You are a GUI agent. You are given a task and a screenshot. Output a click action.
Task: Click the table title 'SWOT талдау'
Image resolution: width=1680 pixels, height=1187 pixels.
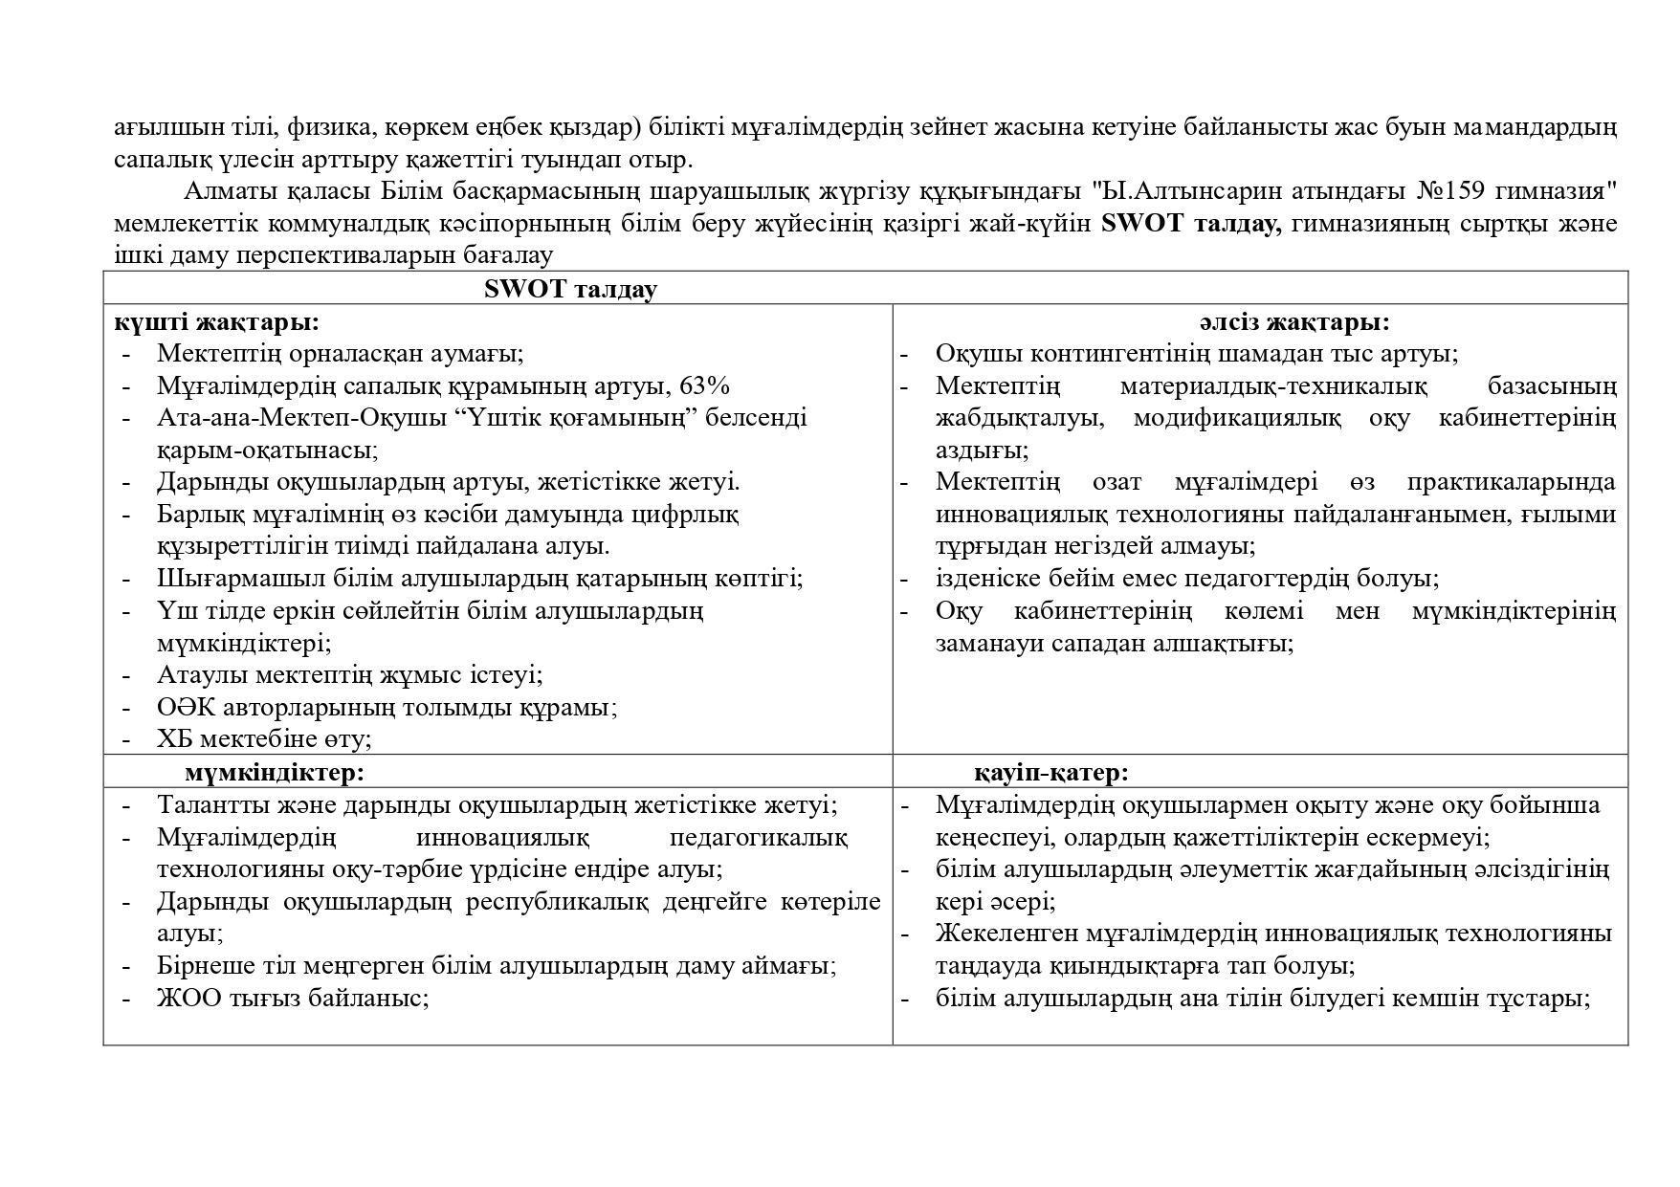pyautogui.click(x=570, y=289)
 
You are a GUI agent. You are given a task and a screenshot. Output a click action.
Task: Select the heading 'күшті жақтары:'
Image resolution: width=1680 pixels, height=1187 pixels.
pyautogui.click(x=216, y=321)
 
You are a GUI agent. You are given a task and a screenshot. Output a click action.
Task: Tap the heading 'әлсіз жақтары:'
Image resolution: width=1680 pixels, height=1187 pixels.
pyautogui.click(x=1294, y=321)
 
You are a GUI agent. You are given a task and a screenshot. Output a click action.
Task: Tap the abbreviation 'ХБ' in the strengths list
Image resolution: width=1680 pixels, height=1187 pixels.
pyautogui.click(x=174, y=738)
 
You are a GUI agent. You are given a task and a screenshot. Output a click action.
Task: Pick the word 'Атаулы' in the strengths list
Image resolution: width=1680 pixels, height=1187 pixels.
pyautogui.click(x=194, y=674)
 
